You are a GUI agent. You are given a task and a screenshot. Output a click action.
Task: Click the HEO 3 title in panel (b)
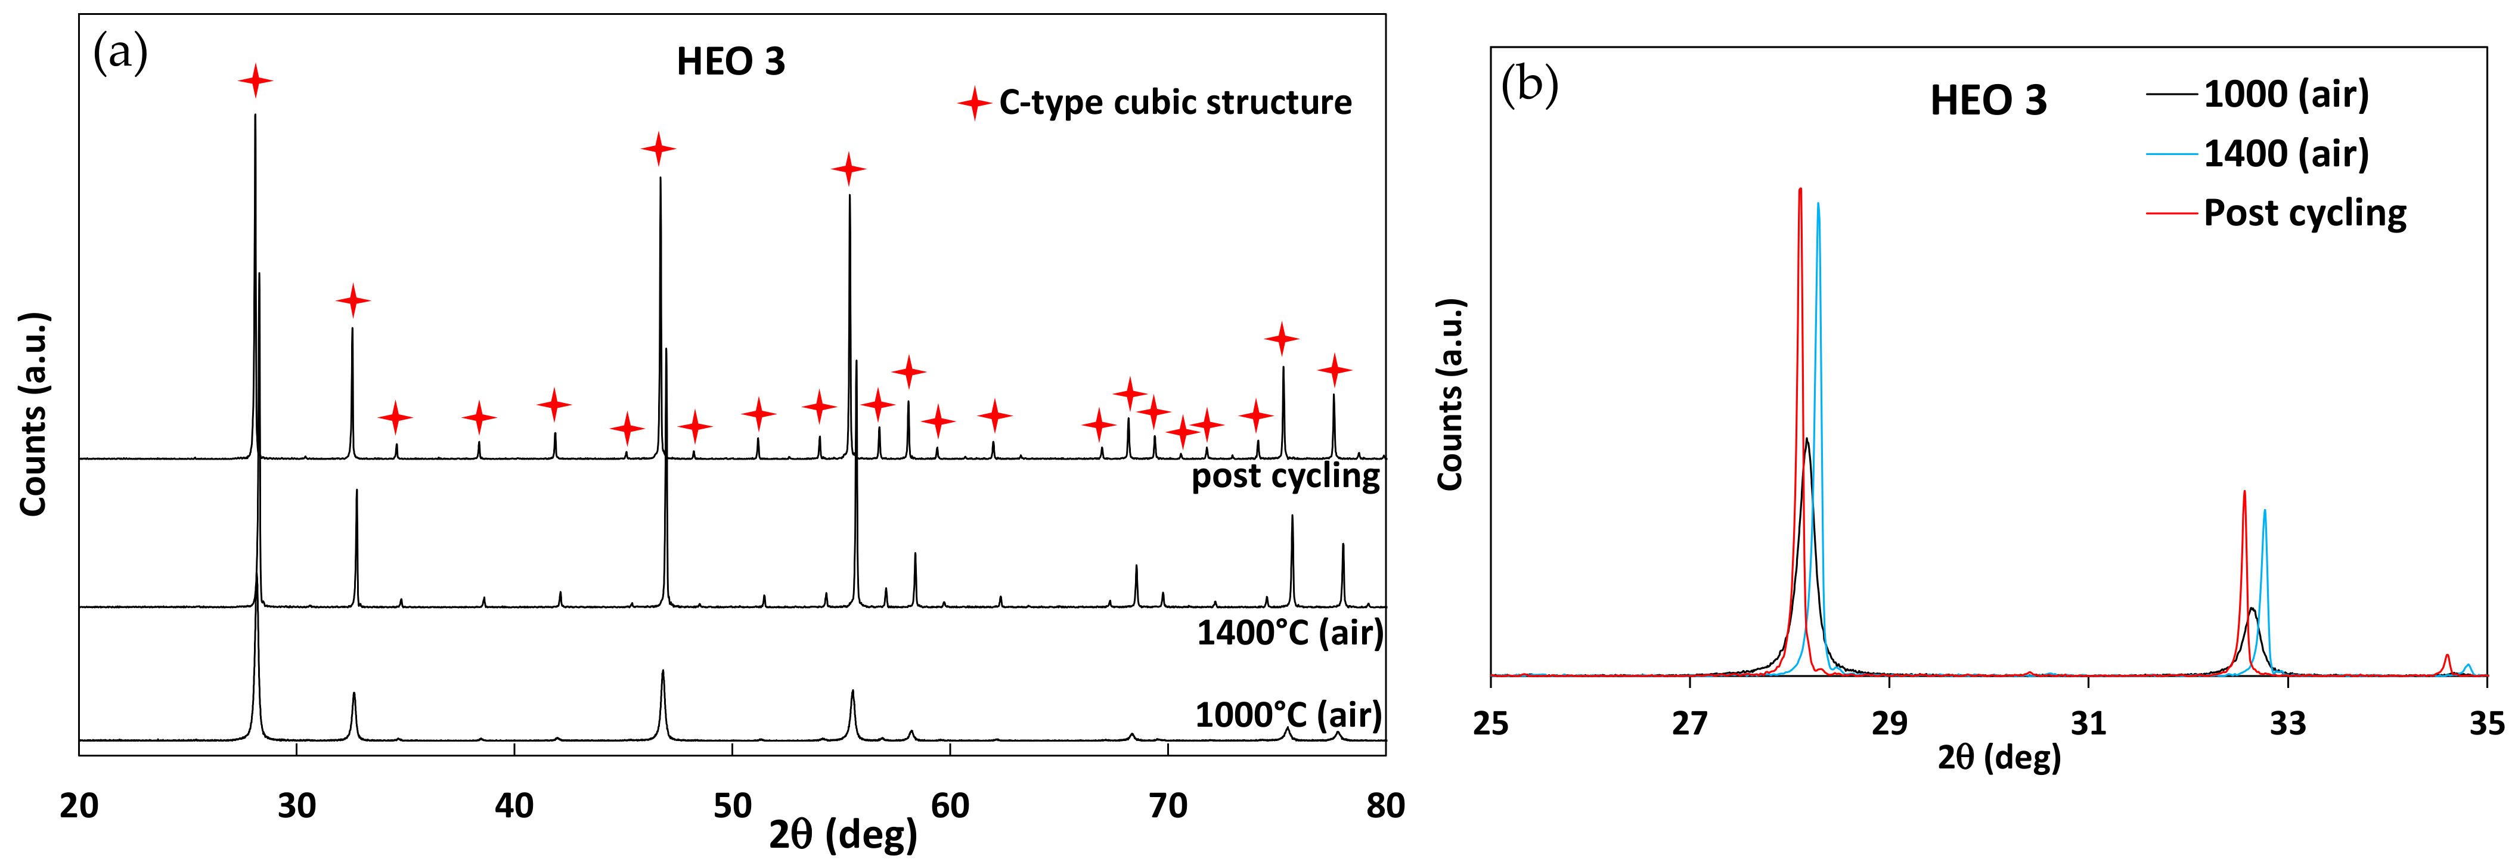(x=1987, y=101)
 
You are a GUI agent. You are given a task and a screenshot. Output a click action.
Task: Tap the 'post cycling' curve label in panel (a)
(x=1285, y=476)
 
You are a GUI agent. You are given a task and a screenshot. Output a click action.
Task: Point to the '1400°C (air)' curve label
(x=1289, y=633)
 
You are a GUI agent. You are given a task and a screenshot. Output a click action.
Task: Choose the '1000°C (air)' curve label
(x=1288, y=715)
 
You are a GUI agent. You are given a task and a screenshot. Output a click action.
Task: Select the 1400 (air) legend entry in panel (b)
(x=2286, y=153)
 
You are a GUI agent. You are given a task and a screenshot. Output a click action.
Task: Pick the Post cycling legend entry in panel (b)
(x=2304, y=213)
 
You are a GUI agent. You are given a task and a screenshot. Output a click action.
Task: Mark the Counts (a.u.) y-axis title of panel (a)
(x=33, y=414)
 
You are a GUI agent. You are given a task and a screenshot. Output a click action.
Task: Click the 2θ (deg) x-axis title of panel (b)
(x=1999, y=758)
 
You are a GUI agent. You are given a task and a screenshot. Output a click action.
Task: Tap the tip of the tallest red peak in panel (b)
(x=1800, y=190)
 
